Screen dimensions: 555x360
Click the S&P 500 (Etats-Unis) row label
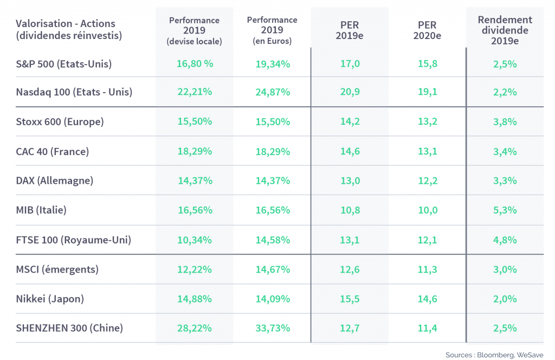point(64,64)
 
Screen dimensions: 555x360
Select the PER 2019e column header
point(350,30)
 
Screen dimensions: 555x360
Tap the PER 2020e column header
point(427,30)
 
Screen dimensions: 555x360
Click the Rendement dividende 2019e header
point(505,30)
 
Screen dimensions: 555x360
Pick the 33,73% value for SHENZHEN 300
point(273,328)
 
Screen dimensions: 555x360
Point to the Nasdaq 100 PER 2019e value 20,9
point(350,92)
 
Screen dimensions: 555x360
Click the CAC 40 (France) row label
point(53,151)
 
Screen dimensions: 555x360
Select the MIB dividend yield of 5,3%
point(505,210)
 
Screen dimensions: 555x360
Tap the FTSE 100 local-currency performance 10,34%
point(195,240)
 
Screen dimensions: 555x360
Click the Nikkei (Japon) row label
point(50,299)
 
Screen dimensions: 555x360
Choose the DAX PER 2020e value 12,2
point(428,181)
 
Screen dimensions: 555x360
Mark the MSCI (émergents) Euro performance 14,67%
point(273,269)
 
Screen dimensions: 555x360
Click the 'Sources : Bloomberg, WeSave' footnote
point(494,355)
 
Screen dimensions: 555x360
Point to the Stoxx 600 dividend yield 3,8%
point(505,122)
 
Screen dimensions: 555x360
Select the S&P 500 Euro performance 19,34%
point(273,64)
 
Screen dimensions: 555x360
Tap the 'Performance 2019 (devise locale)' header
point(195,31)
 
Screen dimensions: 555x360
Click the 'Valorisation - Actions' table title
point(66,23)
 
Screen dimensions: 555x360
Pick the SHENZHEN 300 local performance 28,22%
point(195,328)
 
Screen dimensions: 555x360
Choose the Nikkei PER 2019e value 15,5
point(350,299)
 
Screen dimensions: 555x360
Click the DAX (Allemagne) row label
point(55,181)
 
